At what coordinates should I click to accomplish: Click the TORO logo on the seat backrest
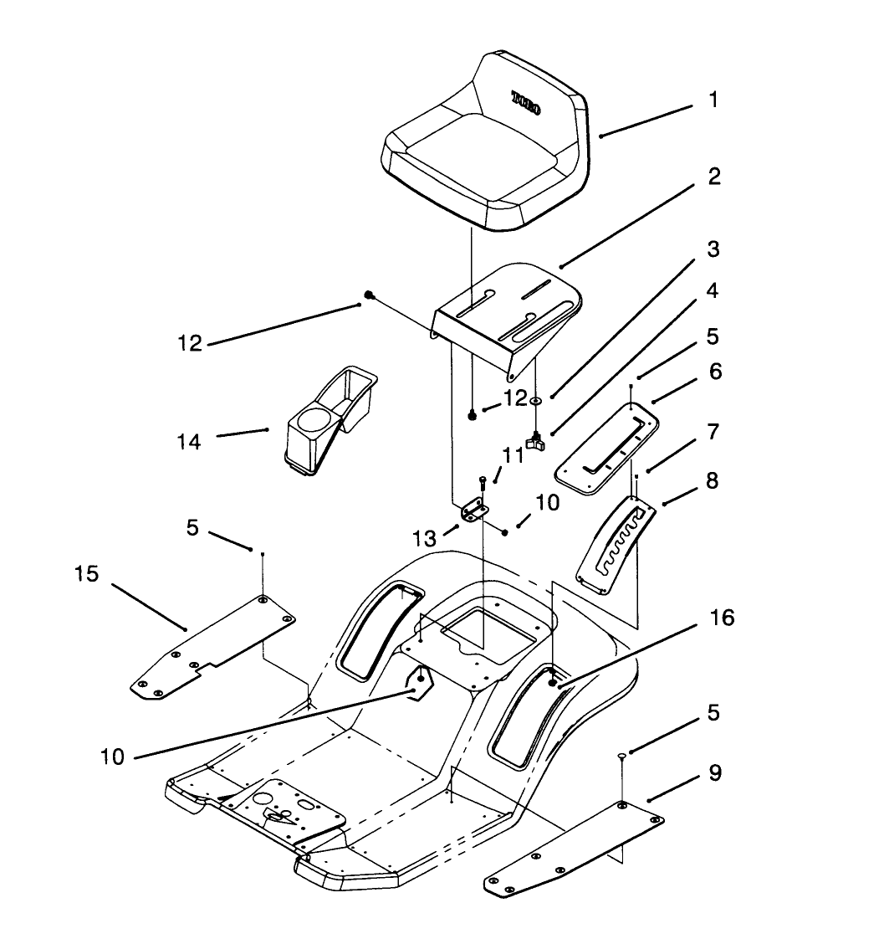click(x=526, y=103)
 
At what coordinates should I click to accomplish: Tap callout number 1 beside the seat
click(x=713, y=100)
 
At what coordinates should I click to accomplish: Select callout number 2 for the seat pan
click(x=713, y=177)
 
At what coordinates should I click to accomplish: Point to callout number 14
click(x=190, y=441)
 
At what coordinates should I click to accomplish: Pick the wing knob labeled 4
click(x=535, y=439)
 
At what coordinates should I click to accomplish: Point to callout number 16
click(x=722, y=618)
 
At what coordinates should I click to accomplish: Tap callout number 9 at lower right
click(x=714, y=772)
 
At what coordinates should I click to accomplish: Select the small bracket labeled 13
click(x=473, y=510)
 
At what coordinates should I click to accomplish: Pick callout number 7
click(x=712, y=433)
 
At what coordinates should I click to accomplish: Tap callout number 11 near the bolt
click(x=513, y=455)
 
